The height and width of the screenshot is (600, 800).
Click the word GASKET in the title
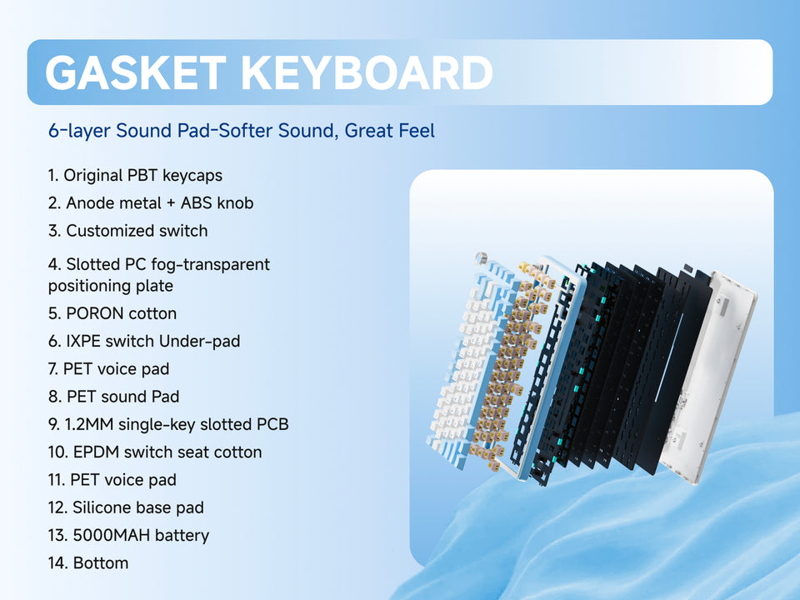tap(136, 72)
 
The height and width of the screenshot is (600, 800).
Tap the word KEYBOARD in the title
tap(367, 72)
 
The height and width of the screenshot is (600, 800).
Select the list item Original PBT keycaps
tap(135, 176)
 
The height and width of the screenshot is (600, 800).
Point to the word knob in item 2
tap(234, 203)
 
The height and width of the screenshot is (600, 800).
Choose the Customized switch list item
tap(128, 231)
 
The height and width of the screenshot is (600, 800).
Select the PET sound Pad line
tap(114, 397)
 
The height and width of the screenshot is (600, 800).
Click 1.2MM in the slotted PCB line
tap(89, 424)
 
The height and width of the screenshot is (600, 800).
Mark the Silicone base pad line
tap(126, 507)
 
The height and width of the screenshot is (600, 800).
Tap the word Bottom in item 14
tap(101, 562)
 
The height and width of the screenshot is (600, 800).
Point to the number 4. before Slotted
tap(55, 264)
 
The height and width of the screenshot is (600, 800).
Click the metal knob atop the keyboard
tap(480, 257)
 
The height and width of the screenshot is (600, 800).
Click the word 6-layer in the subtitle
tap(79, 131)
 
